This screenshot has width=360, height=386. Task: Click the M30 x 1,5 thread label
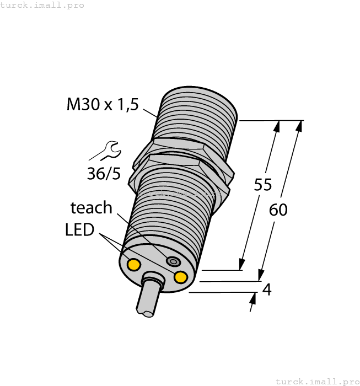(x=103, y=104)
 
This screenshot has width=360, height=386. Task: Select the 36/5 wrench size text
(x=103, y=174)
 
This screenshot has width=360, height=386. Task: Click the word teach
(x=91, y=208)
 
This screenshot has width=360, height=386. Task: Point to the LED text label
(x=79, y=230)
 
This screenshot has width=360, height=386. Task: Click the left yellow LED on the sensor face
(x=133, y=265)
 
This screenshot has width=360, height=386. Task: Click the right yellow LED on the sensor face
(x=180, y=277)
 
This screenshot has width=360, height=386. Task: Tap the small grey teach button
(x=174, y=261)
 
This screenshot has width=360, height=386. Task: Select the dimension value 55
(x=263, y=185)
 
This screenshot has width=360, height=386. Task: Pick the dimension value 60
(x=278, y=210)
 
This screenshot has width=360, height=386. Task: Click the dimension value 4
(x=267, y=289)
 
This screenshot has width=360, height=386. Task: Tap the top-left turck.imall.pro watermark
(x=42, y=5)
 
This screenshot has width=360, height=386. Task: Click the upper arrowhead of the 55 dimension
(x=276, y=127)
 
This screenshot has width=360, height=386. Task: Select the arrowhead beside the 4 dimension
(x=253, y=300)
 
